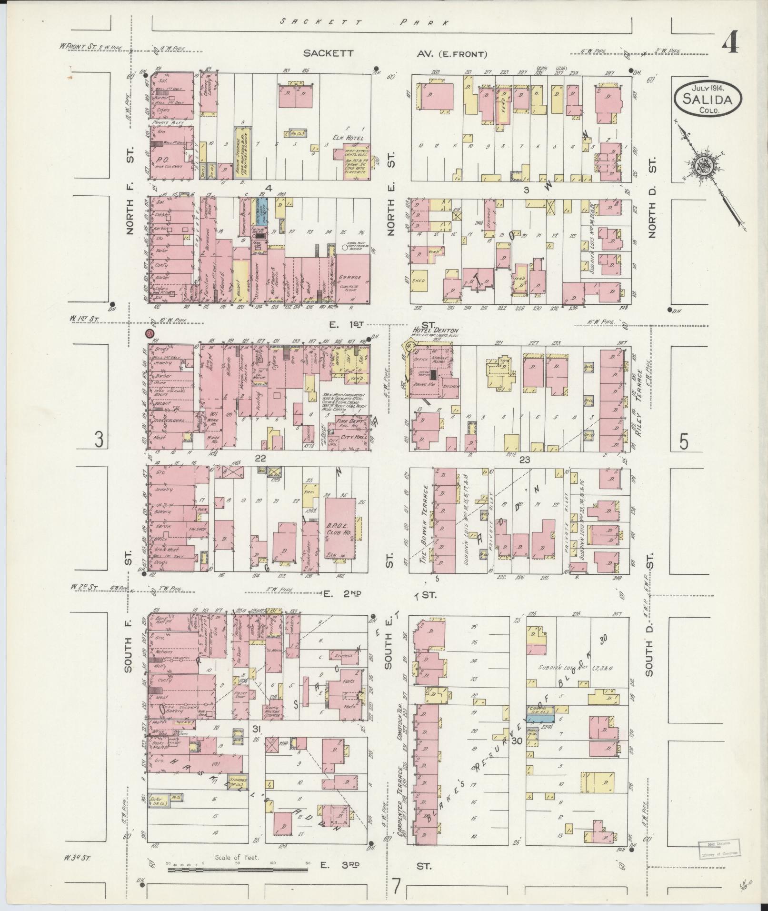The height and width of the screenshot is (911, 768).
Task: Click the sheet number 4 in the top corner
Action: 729,45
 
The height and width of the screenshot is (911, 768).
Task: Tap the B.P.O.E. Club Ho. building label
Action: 339,527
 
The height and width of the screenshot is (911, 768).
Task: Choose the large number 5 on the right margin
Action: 683,442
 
